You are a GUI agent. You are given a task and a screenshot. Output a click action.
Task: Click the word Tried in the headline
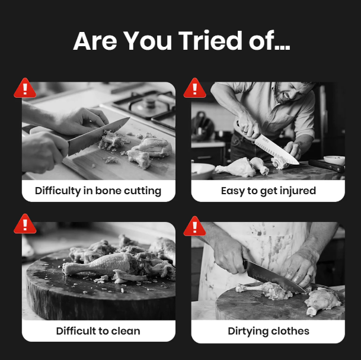point(210,41)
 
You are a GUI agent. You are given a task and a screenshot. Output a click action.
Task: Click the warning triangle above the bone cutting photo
point(25,88)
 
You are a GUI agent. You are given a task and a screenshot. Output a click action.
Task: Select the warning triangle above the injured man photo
point(195,88)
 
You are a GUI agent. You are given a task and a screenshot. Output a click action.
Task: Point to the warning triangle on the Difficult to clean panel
point(25,224)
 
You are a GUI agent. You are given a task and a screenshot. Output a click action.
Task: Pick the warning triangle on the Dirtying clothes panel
point(195,226)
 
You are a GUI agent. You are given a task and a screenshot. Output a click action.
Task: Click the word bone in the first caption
point(108,191)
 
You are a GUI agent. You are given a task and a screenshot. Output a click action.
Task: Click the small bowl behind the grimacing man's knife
point(334,160)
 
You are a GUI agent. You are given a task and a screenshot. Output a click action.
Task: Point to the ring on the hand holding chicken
point(309,276)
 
